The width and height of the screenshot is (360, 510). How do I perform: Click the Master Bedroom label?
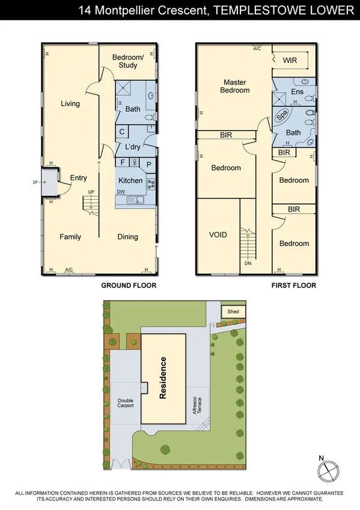pos(236,86)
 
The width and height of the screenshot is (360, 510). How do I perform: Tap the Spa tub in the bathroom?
pos(281,115)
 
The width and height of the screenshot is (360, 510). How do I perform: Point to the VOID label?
pos(218,235)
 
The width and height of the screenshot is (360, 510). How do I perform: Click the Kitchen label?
pos(130,180)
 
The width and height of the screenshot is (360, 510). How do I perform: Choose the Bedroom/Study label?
pos(128,61)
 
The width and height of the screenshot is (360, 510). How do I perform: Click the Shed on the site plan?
pos(233,312)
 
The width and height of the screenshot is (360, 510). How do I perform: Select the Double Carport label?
pos(126,402)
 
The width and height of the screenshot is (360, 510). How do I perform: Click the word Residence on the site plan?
pos(162,378)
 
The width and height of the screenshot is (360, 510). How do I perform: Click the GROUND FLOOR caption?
pos(129,285)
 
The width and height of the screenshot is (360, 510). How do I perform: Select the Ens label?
pos(297,92)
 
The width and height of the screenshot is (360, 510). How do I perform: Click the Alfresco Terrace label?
pos(196,408)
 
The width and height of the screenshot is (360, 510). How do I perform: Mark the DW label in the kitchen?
pos(121,192)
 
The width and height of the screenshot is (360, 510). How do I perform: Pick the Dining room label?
pos(127,236)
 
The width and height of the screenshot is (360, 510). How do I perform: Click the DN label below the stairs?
pos(248,263)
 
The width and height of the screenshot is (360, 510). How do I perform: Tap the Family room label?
pos(70,237)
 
